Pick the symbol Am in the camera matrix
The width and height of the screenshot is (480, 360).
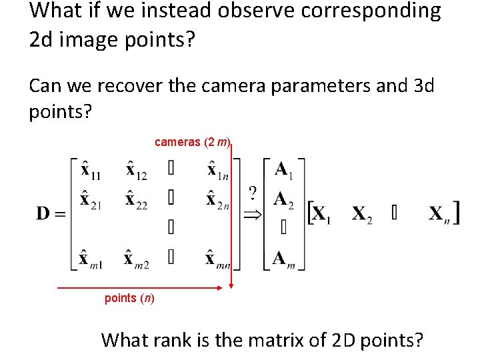click(284, 258)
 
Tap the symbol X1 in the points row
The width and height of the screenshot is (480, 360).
click(321, 215)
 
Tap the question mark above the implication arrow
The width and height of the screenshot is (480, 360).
click(253, 193)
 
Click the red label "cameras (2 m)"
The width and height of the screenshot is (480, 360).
click(193, 142)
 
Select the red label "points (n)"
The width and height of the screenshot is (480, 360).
click(129, 298)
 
